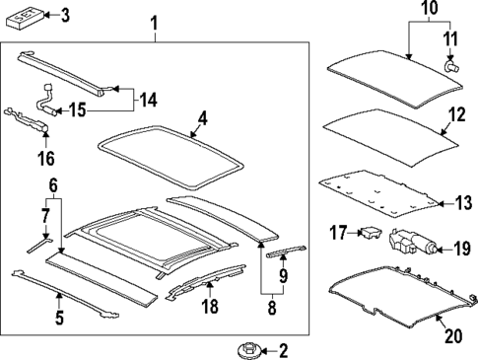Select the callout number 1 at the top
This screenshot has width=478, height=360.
pos(154,22)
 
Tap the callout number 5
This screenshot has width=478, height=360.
pos(58,318)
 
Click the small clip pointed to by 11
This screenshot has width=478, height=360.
pos(452,68)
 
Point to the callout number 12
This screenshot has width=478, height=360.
pos(454,115)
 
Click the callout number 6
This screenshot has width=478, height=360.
pos(54,183)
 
